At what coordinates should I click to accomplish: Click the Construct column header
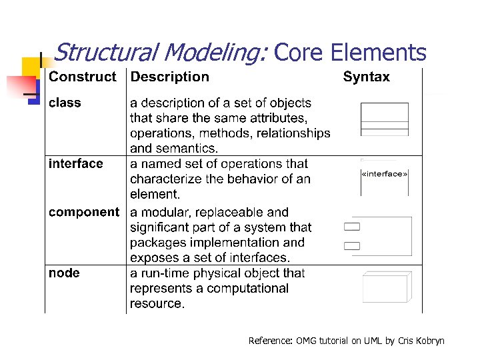(82, 77)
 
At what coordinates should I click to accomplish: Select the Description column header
(169, 77)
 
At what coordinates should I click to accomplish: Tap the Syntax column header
(366, 77)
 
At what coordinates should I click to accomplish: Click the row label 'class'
(65, 103)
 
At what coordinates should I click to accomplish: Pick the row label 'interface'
(76, 163)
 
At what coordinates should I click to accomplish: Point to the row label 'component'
(84, 212)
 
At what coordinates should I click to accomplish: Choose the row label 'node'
(64, 273)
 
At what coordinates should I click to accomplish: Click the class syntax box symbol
(384, 119)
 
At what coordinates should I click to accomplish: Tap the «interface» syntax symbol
(384, 175)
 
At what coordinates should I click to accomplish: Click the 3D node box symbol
(387, 287)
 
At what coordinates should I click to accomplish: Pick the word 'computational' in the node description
(247, 288)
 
